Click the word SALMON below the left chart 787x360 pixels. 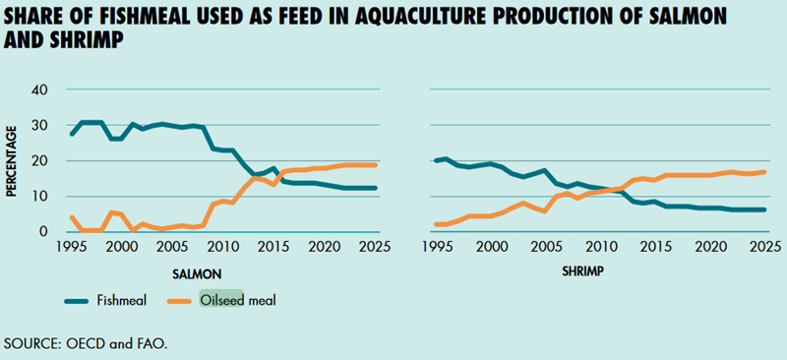(198, 274)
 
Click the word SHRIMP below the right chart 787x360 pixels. (582, 272)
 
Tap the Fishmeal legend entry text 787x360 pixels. (121, 301)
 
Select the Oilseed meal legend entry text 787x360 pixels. (238, 301)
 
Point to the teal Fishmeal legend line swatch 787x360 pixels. (78, 301)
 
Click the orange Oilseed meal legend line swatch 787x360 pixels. (178, 301)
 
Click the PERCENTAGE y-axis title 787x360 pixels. (11, 160)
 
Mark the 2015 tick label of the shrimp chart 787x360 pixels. (655, 247)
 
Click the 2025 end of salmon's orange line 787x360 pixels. (376, 165)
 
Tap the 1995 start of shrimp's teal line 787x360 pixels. (436, 160)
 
